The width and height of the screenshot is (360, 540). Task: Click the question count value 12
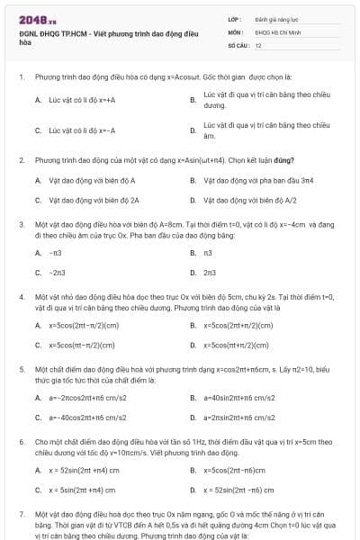pyautogui.click(x=259, y=44)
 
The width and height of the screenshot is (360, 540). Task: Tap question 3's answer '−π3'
pyautogui.click(x=55, y=253)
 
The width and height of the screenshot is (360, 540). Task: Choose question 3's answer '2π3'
pyautogui.click(x=210, y=272)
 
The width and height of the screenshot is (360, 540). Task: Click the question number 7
pyautogui.click(x=21, y=514)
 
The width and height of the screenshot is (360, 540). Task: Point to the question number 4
pyautogui.click(x=21, y=294)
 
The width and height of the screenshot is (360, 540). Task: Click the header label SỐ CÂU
pyautogui.click(x=238, y=44)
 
